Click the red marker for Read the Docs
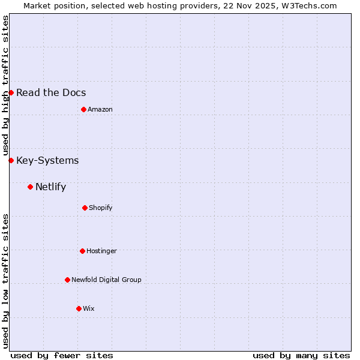point(11,92)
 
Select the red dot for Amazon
point(83,109)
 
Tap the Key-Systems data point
point(11,160)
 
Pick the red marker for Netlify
point(30,187)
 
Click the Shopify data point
point(85,208)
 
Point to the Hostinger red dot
point(82,251)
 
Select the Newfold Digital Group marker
point(67,280)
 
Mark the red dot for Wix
point(79,308)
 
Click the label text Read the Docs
point(51,92)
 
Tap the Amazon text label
point(100,109)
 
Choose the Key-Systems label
point(47,160)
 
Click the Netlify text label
point(50,187)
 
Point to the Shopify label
point(100,208)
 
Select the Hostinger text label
point(101,251)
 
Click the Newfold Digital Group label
point(106,280)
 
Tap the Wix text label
point(88,308)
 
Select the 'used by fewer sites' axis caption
point(62,355)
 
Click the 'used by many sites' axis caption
point(301,355)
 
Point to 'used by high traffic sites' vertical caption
point(5,86)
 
